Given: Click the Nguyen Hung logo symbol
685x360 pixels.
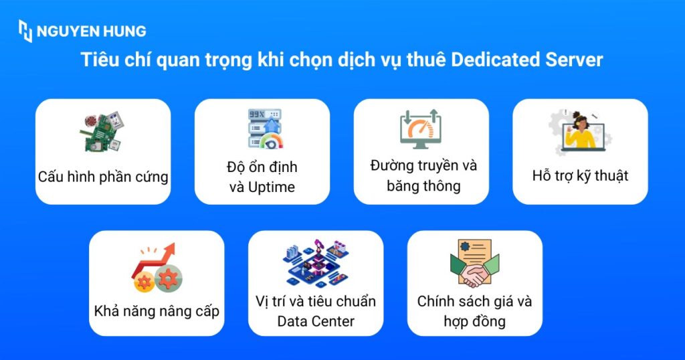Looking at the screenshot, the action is (25, 31).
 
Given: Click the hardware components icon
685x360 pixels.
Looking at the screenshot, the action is (102, 131).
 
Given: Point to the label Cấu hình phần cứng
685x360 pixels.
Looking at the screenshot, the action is (103, 177).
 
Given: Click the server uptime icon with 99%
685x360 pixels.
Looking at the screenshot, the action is (265, 128).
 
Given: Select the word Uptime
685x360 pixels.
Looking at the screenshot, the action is (272, 187).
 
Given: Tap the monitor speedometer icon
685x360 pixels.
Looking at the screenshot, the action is (421, 129).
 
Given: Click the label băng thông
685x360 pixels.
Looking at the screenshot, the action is (423, 186).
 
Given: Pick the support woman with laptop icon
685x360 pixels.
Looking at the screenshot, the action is (580, 132).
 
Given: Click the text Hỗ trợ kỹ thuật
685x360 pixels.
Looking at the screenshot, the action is (580, 175).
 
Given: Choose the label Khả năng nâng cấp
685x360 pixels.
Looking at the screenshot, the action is (157, 311).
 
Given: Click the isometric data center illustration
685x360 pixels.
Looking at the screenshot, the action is (316, 264).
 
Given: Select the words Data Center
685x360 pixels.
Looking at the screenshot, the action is (316, 322).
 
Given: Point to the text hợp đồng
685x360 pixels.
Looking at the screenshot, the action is (474, 322).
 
